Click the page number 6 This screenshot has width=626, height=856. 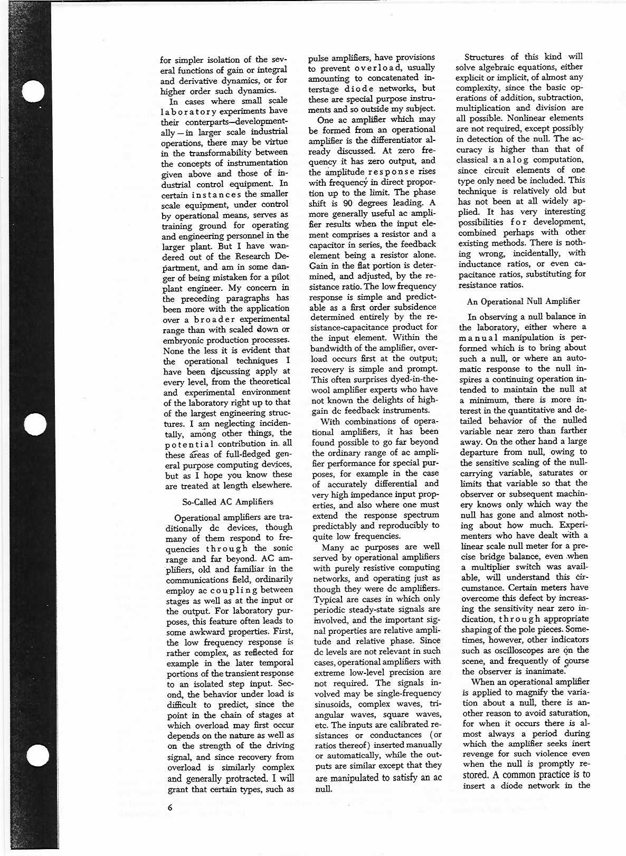[x=170, y=807]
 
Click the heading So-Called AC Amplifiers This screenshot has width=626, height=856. [x=227, y=501]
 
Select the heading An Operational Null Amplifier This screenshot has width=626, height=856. [x=523, y=301]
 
